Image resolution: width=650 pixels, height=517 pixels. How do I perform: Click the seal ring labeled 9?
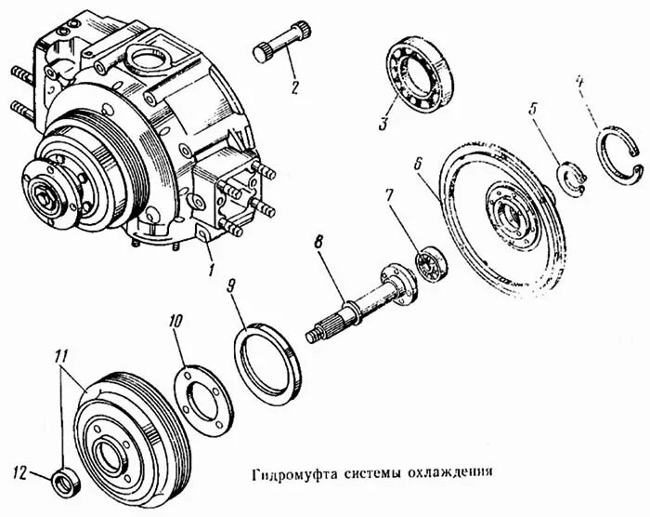pyautogui.click(x=269, y=357)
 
